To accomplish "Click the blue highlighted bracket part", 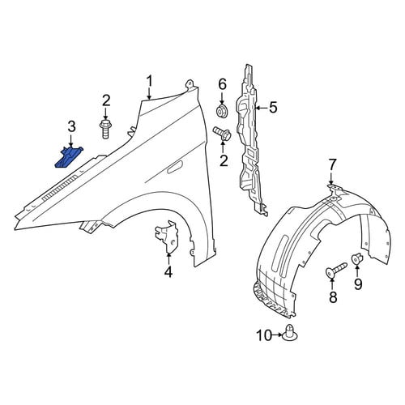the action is pos(69,158).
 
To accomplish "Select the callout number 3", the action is pos(71,127).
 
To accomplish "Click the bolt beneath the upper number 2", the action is pos(105,130).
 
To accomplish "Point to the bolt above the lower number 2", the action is pos(222,134).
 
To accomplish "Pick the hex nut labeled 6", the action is pos(222,111).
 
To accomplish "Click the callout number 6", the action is pos(222,85).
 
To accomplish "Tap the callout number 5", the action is pos(273,108).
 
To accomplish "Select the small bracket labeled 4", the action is pos(166,235).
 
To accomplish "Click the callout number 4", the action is pos(168,271).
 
